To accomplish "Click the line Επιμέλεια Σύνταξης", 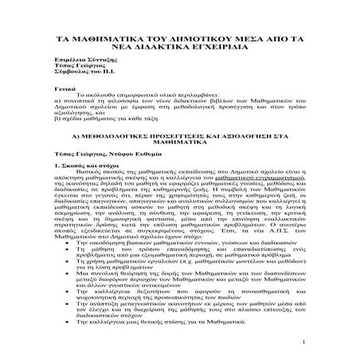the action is click(87, 69).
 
